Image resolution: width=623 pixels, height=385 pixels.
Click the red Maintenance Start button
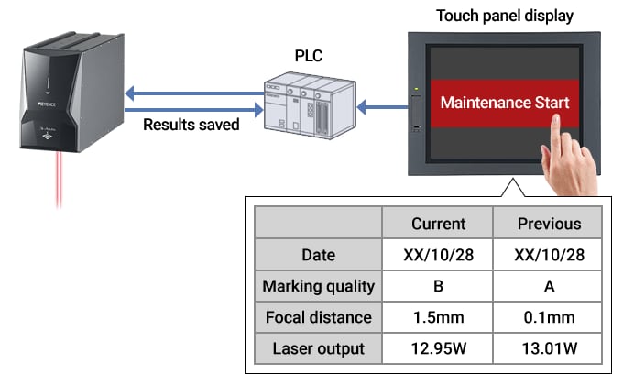tap(505, 102)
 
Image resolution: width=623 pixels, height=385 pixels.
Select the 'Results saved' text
tap(191, 124)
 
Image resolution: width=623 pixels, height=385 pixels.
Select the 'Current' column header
tap(438, 224)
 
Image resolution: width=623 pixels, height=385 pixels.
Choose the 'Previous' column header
tap(549, 224)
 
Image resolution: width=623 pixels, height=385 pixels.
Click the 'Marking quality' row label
tap(319, 286)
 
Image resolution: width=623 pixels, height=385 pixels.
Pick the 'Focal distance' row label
tap(319, 317)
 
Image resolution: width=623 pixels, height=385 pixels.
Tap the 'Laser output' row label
tap(319, 348)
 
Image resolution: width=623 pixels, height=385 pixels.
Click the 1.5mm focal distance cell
tap(438, 317)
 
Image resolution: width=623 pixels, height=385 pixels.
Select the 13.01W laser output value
tap(549, 348)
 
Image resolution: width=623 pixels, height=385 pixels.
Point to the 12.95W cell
tap(438, 348)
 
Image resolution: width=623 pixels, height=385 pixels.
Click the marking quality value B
tap(438, 286)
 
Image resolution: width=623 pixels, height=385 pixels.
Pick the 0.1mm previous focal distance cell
tap(549, 317)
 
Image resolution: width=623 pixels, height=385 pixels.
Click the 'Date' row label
tap(319, 255)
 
